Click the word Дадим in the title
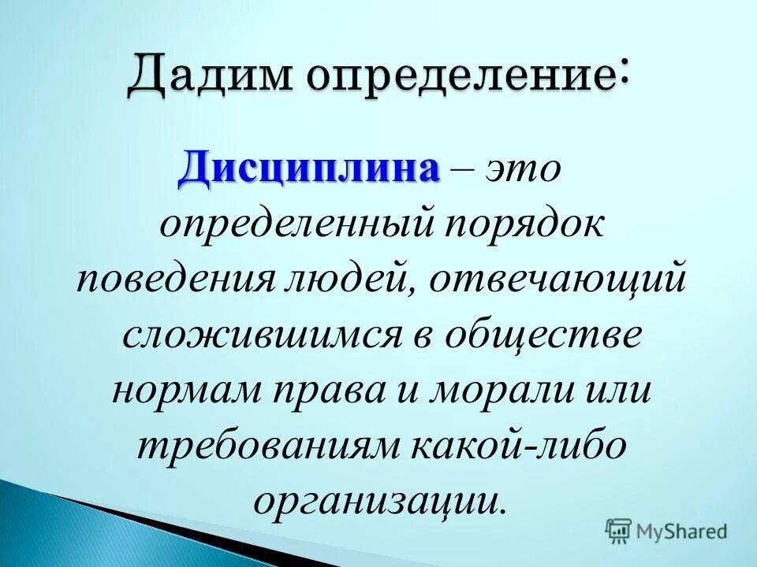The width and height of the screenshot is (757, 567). [x=211, y=80]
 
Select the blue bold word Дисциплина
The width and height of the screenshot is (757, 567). [x=308, y=167]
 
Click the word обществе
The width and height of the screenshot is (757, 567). [x=559, y=335]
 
